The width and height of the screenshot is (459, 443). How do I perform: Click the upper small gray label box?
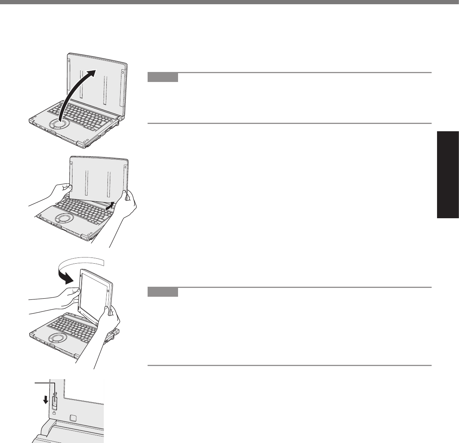pyautogui.click(x=163, y=77)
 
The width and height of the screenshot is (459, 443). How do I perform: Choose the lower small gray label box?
pyautogui.click(x=163, y=292)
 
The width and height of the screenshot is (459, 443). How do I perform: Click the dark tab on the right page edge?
pyautogui.click(x=448, y=175)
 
